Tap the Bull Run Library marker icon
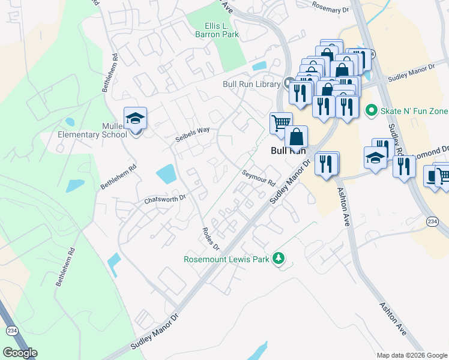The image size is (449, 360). tap(288, 82)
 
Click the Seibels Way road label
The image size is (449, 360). tap(192, 130)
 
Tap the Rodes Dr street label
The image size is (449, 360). tap(211, 239)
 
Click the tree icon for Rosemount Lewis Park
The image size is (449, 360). tap(278, 258)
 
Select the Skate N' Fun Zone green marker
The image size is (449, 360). tap(371, 111)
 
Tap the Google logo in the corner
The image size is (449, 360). tap(20, 353)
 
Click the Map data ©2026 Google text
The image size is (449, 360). tap(412, 355)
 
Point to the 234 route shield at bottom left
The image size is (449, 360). tap(11, 331)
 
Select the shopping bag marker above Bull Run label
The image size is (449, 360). tap(296, 137)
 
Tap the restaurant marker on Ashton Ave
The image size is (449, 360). tap(327, 163)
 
